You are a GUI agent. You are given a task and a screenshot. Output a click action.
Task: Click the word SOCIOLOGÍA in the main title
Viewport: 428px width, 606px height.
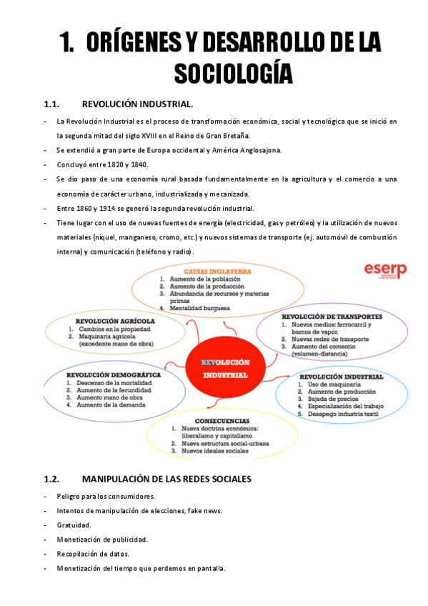click(x=233, y=72)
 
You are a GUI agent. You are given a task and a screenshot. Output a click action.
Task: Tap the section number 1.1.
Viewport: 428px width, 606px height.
click(x=55, y=103)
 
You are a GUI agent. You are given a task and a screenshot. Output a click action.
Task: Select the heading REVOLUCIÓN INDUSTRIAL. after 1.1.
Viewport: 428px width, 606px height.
click(x=137, y=103)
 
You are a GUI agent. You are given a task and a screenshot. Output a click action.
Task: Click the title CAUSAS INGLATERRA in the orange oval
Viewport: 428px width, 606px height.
click(x=212, y=272)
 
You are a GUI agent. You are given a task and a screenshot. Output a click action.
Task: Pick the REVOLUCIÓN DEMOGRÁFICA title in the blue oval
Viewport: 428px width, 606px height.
click(x=114, y=374)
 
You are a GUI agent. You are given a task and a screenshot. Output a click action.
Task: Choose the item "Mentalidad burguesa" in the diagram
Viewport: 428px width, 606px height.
click(x=199, y=308)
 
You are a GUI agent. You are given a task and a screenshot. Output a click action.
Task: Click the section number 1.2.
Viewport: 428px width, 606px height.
click(x=55, y=479)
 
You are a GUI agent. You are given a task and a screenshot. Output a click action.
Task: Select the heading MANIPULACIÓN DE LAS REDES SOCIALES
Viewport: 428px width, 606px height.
click(x=166, y=479)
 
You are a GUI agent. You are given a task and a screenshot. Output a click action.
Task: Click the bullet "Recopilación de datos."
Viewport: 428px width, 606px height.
click(x=95, y=554)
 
